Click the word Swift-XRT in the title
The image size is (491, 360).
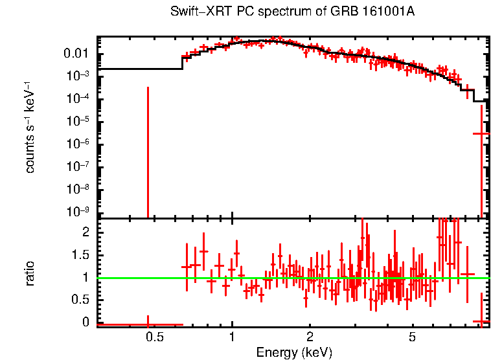point(194,12)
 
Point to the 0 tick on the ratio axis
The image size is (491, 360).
point(84,322)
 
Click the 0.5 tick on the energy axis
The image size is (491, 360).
point(154,337)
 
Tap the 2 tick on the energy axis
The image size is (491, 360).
point(310,337)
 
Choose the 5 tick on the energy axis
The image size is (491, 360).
point(412,337)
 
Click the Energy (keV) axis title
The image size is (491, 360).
point(294,352)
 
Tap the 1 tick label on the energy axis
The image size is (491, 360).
point(232,337)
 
